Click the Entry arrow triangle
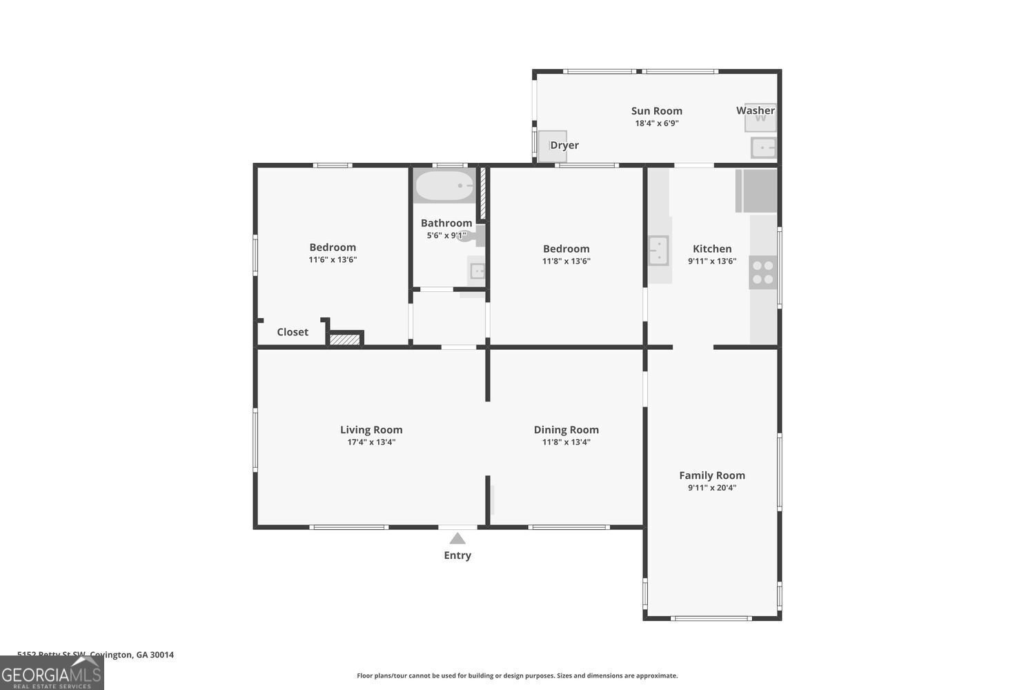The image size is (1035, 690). point(457,538)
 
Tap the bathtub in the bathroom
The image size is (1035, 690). point(444,186)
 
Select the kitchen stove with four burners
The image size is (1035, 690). point(763,272)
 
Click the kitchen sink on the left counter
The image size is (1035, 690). point(658,250)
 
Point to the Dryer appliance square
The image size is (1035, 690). point(552,146)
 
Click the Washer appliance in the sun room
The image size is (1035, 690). point(760,119)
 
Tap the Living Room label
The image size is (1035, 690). point(371,430)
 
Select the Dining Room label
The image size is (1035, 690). point(566,430)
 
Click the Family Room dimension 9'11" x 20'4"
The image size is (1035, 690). point(712,488)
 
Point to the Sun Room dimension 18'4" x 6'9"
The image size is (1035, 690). point(657,124)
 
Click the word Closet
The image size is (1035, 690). point(293,332)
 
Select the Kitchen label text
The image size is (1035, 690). point(712,248)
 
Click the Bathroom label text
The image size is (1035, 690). point(446,223)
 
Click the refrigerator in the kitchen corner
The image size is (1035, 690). point(757,190)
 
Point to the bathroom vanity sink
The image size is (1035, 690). point(477,271)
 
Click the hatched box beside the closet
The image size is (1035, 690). point(344,339)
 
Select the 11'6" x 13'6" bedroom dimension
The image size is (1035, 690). point(333,260)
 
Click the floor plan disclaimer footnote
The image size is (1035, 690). point(517,676)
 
